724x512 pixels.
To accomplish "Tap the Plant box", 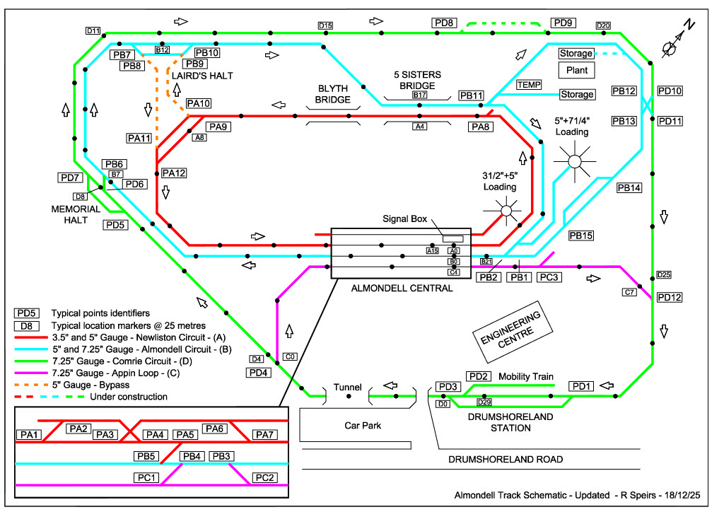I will pos(576,70).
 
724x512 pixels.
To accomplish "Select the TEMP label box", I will pos(529,85).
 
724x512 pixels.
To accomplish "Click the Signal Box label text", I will pos(405,219).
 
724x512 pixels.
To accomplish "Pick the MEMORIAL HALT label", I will pos(76,214).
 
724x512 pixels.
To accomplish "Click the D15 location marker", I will pos(325,26).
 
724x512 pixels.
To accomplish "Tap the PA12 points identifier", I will pos(173,173).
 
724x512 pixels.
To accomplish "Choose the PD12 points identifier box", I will pos(669,297).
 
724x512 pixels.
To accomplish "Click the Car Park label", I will pos(363,426).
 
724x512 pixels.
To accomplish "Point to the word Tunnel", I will pos(348,387).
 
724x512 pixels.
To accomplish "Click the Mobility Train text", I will pos(526,376).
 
